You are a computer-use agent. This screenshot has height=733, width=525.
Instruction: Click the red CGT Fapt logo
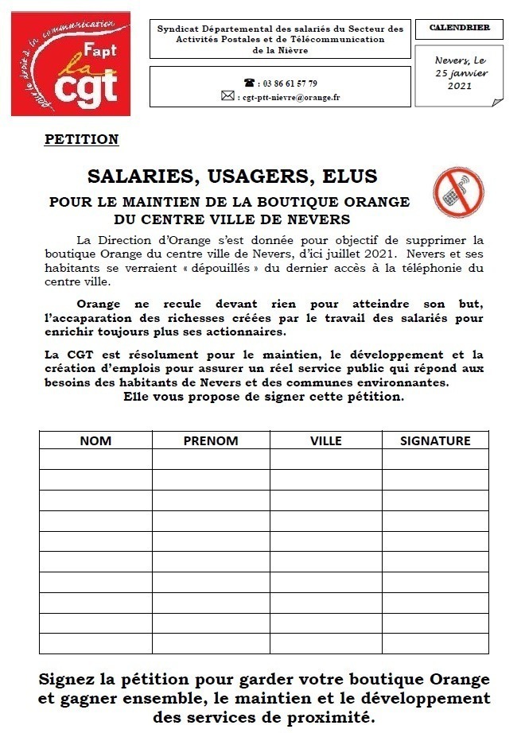tap(70, 64)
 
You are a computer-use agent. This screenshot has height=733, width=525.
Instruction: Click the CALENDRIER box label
tap(459, 29)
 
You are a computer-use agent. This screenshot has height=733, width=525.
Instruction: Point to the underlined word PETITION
tap(82, 140)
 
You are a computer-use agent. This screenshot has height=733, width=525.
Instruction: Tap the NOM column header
tap(95, 440)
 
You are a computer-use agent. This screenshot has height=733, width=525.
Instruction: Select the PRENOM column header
tap(211, 440)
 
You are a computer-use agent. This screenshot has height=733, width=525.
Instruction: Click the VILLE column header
tap(326, 440)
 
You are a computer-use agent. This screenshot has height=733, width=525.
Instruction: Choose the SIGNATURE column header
tap(435, 440)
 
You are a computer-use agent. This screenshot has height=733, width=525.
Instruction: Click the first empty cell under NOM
tap(95, 460)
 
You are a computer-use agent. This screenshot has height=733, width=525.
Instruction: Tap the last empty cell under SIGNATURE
tap(435, 643)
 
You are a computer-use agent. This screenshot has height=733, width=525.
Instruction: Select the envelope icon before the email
tap(227, 97)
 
